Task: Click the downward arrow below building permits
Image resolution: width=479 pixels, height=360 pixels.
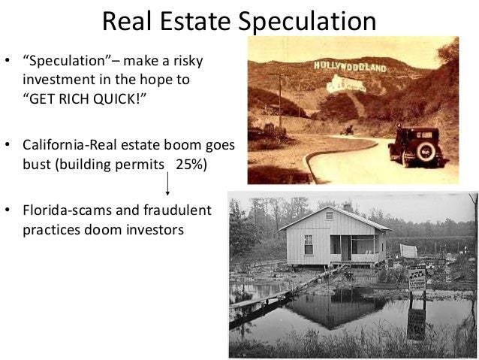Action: pos(167,181)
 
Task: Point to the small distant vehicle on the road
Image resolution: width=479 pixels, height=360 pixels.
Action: pos(348,129)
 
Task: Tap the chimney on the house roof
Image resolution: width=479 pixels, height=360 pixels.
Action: pos(347,206)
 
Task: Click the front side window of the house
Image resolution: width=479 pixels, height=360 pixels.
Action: pos(309,244)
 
